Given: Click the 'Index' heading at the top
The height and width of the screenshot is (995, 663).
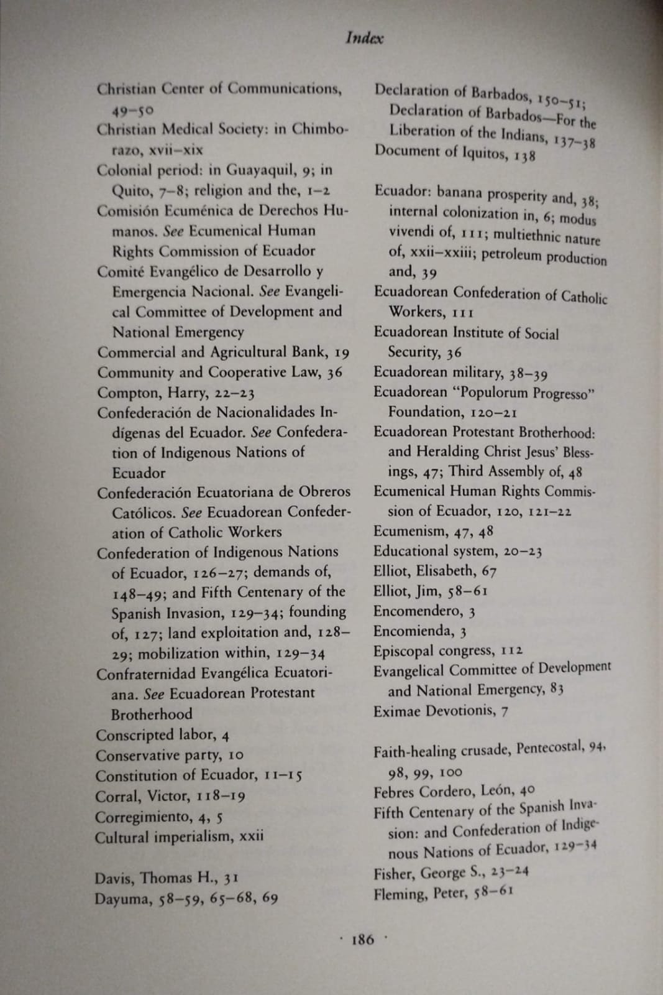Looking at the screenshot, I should [364, 38].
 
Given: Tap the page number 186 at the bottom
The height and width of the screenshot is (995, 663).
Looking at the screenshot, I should [364, 939].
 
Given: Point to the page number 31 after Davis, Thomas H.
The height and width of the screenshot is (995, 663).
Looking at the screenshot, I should [231, 878].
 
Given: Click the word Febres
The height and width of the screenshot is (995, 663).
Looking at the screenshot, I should [395, 792].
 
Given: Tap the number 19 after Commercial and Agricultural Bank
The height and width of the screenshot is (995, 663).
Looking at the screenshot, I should [342, 353].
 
